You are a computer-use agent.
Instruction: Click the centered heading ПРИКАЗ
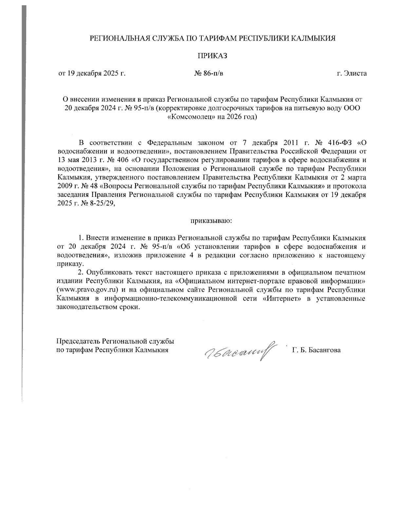(x=212, y=56)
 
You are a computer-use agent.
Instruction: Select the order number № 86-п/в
(x=209, y=73)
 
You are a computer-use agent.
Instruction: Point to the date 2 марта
(x=354, y=178)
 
